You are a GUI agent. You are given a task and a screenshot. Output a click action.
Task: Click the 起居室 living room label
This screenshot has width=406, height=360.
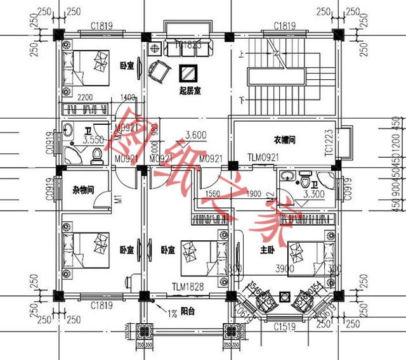pos(189,92)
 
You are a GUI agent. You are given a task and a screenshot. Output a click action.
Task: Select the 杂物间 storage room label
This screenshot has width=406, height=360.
pos(83,189)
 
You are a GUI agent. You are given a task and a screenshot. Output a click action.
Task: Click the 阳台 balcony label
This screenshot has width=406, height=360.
pos(188,312)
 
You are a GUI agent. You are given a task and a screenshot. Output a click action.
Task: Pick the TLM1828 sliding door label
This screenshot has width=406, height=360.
pos(187,288)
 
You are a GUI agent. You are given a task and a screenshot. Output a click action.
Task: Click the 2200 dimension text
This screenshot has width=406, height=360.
pos(88,98)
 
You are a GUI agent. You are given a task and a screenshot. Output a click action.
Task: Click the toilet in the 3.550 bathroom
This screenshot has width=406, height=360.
pos(98,155)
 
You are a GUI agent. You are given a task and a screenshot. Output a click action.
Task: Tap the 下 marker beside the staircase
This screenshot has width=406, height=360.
pos(242,100)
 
